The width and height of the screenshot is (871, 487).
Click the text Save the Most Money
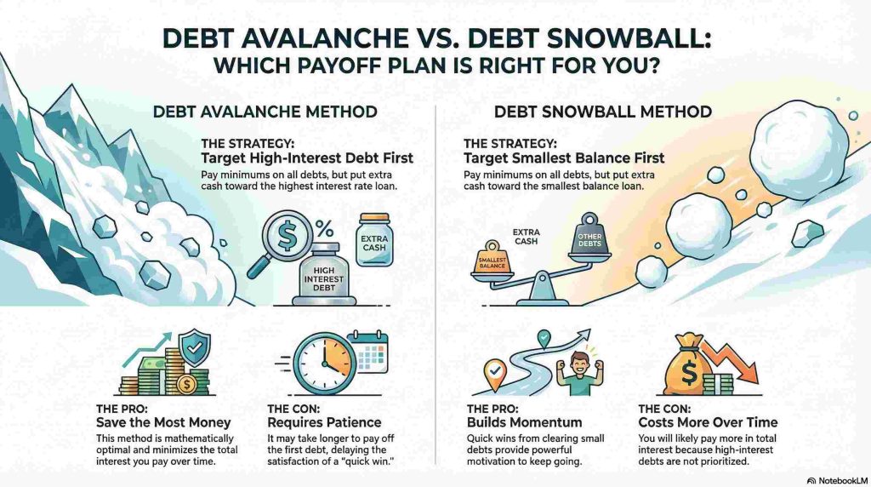pyautogui.click(x=157, y=422)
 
